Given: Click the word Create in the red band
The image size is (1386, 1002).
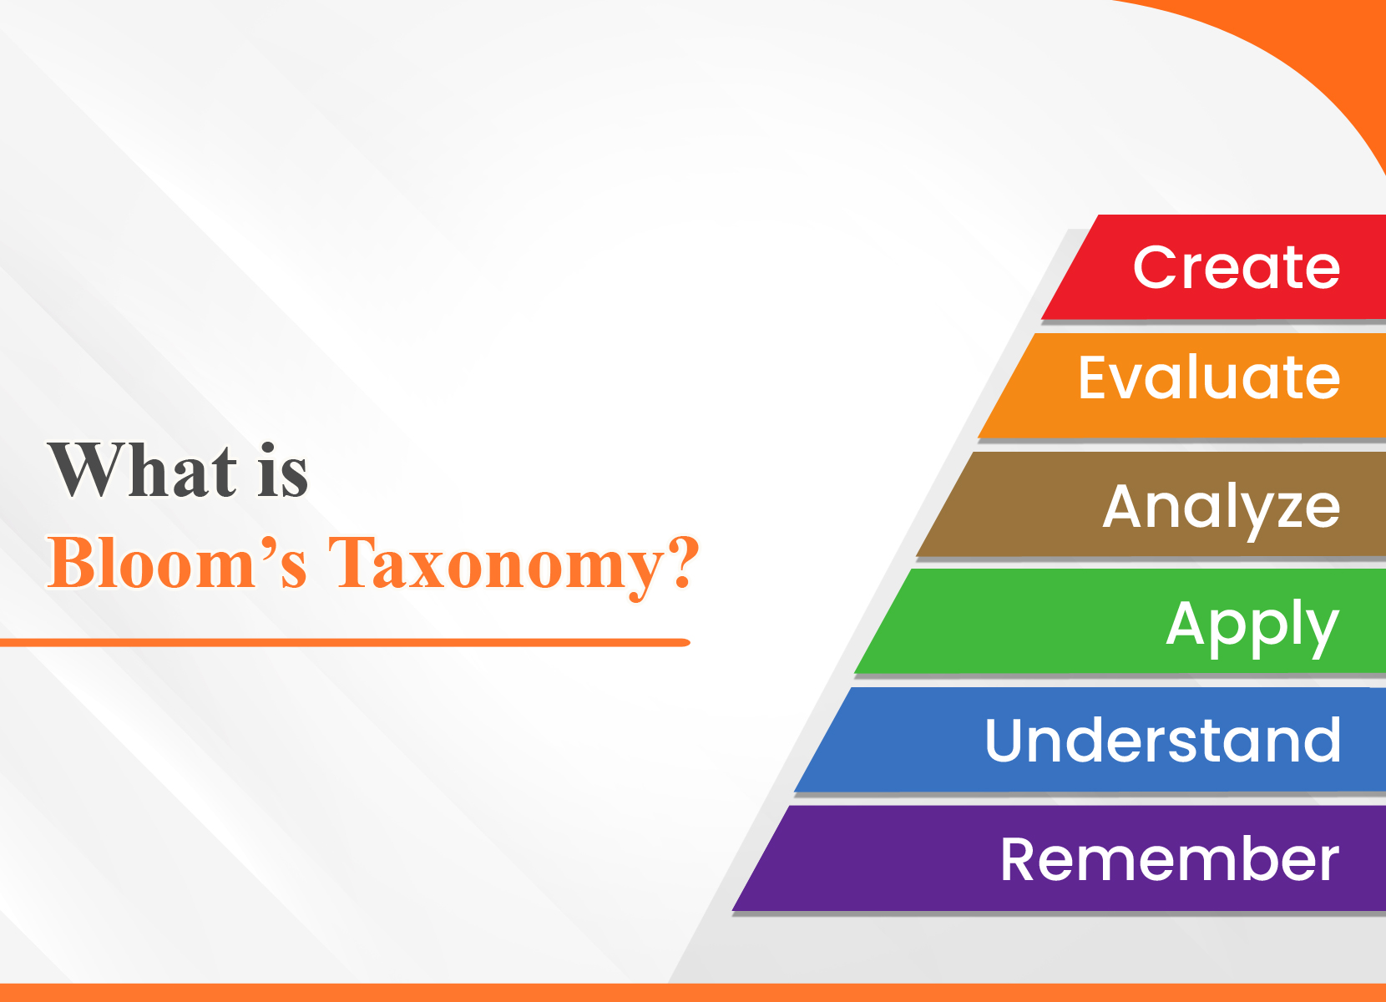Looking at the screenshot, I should coord(1236,268).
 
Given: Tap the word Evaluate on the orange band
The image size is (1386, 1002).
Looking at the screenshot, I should coord(1208,378).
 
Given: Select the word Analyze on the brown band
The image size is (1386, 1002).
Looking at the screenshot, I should coord(1221,507).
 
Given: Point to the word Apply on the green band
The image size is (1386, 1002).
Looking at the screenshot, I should coord(1252,625).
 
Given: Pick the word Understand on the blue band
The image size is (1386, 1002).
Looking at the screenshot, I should coord(1162,741).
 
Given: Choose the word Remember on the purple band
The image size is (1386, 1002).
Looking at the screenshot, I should coord(1169,859).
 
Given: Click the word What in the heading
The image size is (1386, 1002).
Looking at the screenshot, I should coord(143,470).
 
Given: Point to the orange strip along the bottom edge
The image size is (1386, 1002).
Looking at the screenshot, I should coord(693,993).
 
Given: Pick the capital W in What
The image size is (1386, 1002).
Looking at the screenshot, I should coord(83,469).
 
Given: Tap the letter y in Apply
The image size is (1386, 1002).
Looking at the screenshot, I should coord(1318,630).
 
